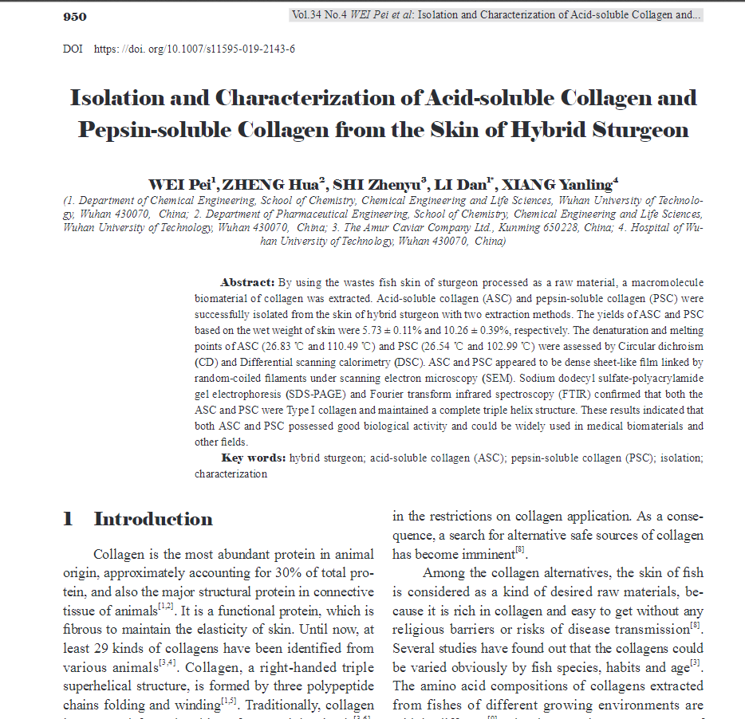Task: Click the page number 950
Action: coord(75,17)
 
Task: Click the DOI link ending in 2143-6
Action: coord(195,49)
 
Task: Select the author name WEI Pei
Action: coord(182,185)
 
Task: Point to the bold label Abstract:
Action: coord(247,283)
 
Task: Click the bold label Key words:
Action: coord(253,458)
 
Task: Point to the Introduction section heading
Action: coord(153,520)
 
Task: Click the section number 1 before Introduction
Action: coord(68,520)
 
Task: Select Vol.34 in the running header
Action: coord(308,15)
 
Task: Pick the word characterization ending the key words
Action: coord(231,473)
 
